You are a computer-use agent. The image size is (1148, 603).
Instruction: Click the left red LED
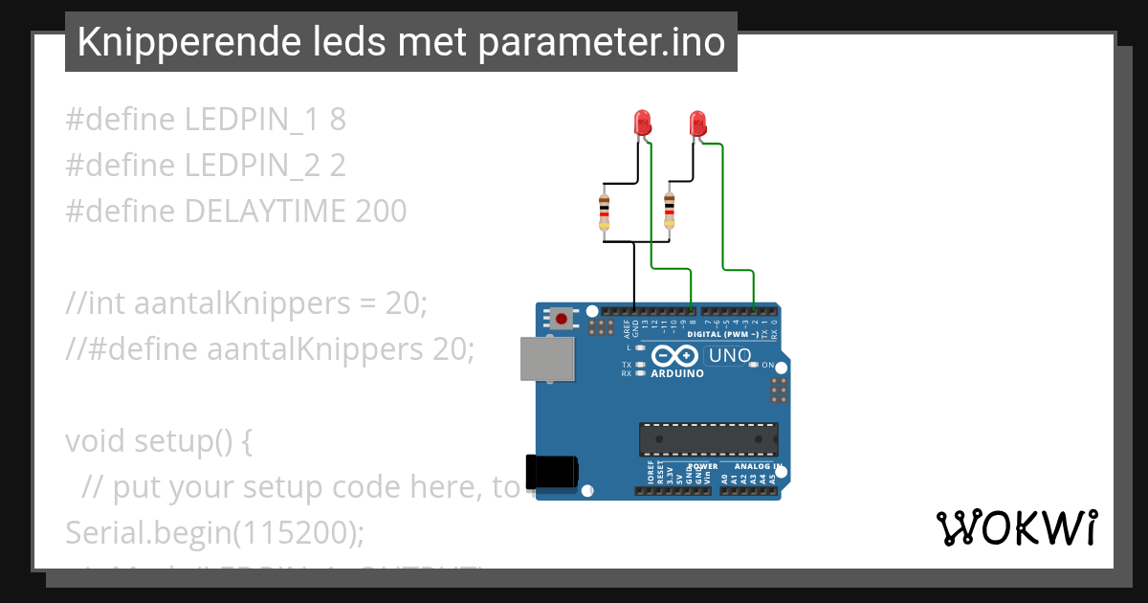click(x=642, y=122)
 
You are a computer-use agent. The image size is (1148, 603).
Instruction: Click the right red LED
click(x=697, y=122)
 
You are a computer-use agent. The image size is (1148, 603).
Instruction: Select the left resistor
click(x=604, y=211)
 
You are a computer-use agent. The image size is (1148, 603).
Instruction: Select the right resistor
click(x=669, y=211)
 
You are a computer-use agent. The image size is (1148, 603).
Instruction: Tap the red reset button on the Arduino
click(x=562, y=318)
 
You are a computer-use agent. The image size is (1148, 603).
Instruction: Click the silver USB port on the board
click(x=548, y=358)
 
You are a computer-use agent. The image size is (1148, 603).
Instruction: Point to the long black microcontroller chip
click(x=708, y=438)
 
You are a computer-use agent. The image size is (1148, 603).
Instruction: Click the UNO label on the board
click(x=729, y=356)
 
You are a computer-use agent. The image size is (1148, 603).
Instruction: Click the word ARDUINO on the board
click(x=677, y=373)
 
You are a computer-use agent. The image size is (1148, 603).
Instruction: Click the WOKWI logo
click(x=1016, y=527)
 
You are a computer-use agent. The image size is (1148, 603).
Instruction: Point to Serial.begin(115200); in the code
click(x=215, y=533)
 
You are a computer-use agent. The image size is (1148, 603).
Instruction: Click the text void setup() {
click(x=159, y=441)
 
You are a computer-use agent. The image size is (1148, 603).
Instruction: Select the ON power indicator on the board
click(x=767, y=365)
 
